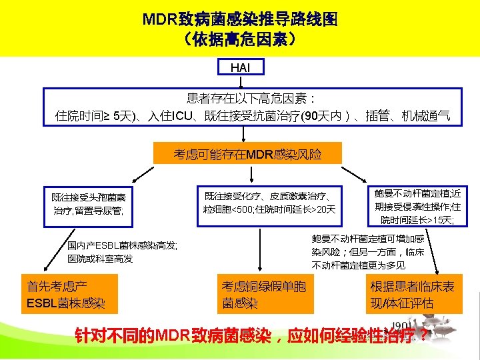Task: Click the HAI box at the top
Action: pos(240,67)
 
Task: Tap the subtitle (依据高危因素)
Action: pos(240,40)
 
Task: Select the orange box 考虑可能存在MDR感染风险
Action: pos(247,155)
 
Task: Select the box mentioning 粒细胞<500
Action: pos(269,203)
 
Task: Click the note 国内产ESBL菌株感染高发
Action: pos(122,252)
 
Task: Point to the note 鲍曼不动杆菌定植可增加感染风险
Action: pos(367,251)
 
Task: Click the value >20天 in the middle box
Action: pos(324,210)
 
